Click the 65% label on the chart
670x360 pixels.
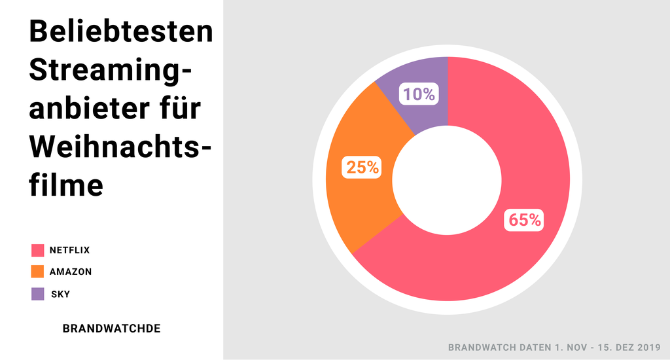[x=525, y=220]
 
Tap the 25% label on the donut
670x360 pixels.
[x=362, y=168]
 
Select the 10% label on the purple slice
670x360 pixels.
[x=419, y=94]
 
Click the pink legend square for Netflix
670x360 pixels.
[x=37, y=250]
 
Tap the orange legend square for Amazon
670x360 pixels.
[x=37, y=272]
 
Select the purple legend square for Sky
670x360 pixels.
[x=37, y=294]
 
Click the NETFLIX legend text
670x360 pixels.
[x=69, y=250]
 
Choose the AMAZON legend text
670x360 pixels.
[x=71, y=272]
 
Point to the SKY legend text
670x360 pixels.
[x=60, y=294]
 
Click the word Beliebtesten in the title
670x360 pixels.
[x=122, y=31]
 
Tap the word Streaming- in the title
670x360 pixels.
[x=112, y=70]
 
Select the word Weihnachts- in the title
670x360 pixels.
[x=121, y=146]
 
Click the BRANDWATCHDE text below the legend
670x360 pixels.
[x=111, y=328]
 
